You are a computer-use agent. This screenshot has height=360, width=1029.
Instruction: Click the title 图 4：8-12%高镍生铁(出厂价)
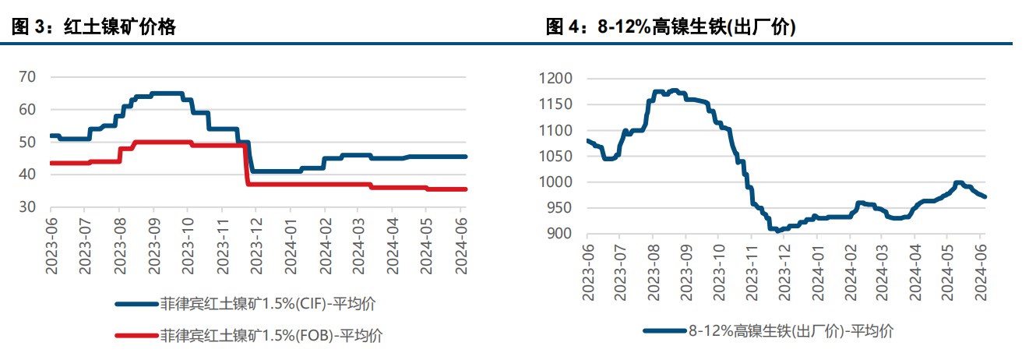(x=670, y=28)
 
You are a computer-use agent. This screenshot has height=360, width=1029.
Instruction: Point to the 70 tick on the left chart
(x=27, y=76)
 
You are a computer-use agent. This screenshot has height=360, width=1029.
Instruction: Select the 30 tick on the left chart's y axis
(x=27, y=207)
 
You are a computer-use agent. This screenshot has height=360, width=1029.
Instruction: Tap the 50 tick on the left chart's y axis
(x=27, y=142)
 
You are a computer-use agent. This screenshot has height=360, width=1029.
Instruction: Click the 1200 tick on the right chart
(x=555, y=79)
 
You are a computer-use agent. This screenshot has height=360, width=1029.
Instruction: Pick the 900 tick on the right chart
(x=559, y=234)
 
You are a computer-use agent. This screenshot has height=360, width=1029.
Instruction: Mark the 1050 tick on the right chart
(x=555, y=156)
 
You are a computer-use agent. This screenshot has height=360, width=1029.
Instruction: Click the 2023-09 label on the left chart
(x=153, y=242)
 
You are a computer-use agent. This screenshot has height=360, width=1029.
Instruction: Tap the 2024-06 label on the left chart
(x=460, y=242)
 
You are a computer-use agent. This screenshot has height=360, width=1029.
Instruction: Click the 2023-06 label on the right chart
(x=587, y=269)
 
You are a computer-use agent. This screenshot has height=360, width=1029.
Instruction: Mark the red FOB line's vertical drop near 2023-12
(x=247, y=165)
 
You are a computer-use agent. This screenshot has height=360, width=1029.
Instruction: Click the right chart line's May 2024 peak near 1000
(x=957, y=182)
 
